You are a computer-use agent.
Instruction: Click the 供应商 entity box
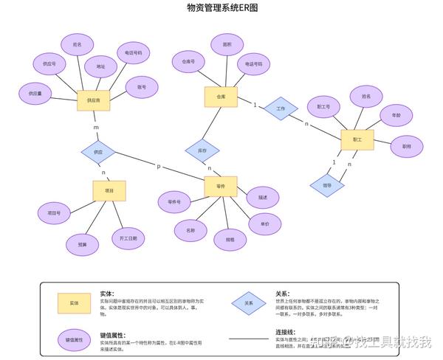[x=94, y=100]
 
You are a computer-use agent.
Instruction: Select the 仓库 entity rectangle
[x=221, y=97]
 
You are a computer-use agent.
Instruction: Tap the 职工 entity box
[x=357, y=139]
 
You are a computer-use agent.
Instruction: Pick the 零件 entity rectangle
[x=221, y=187]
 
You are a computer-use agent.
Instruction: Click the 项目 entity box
[x=109, y=190]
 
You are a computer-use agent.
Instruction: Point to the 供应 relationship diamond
[x=98, y=153]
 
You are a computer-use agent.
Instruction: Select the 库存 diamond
[x=202, y=150]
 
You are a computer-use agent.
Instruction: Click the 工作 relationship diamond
[x=281, y=108]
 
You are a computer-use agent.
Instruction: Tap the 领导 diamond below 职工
[x=327, y=184]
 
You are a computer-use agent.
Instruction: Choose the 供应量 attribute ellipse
[x=35, y=94]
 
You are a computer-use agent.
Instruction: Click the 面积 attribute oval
[x=227, y=45]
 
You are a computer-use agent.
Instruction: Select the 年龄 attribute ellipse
[x=396, y=116]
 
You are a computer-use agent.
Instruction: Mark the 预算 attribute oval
[x=83, y=244]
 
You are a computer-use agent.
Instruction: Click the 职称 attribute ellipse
[x=407, y=146]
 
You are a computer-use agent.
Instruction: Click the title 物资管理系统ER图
[x=221, y=8]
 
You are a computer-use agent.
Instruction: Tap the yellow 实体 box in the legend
[x=75, y=303]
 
